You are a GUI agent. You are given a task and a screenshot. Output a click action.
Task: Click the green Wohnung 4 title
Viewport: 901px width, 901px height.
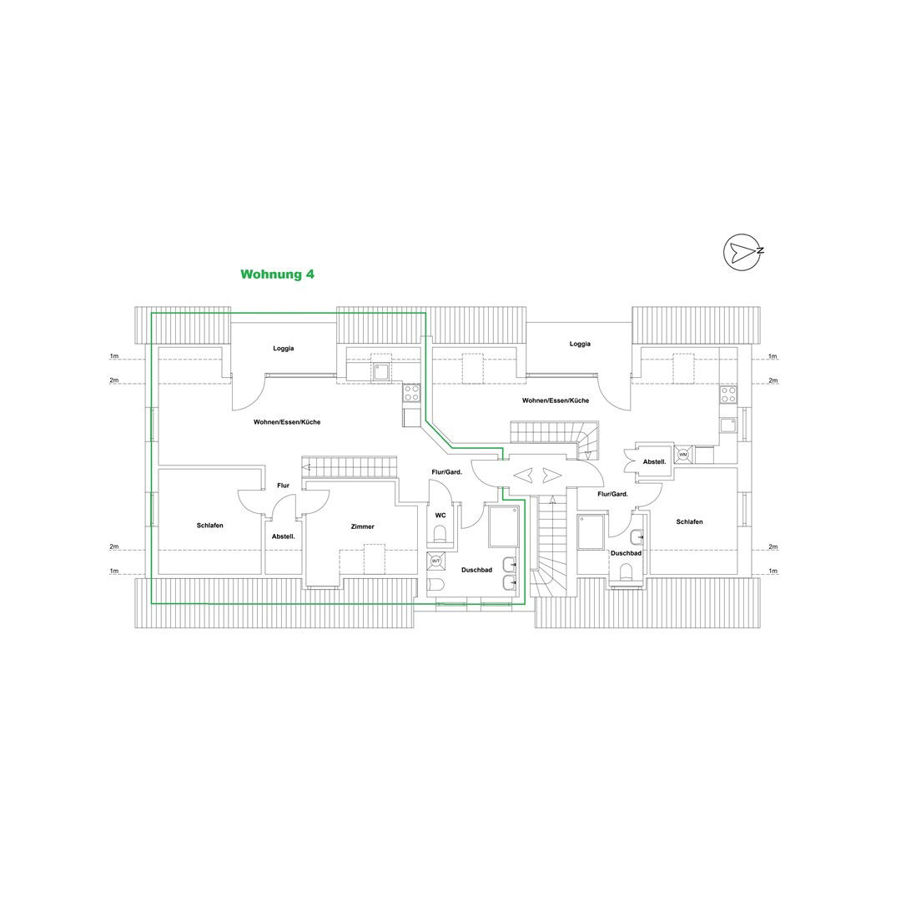(277, 274)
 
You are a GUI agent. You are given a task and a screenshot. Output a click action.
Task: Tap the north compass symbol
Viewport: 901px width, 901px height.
(743, 252)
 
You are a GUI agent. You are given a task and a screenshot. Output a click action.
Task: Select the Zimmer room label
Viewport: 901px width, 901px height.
(363, 526)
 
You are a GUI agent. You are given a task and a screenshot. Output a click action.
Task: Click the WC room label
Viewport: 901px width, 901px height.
(440, 516)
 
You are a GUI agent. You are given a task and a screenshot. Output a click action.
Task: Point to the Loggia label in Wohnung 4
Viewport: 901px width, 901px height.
(284, 348)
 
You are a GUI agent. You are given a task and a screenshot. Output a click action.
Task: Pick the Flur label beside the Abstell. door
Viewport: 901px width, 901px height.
(284, 486)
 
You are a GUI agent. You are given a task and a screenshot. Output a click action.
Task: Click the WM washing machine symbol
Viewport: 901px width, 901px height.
(683, 455)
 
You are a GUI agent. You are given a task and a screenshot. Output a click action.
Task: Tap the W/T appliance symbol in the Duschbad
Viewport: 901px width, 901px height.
(435, 561)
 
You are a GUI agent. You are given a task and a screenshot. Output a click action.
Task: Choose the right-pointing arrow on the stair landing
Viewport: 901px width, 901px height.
(551, 476)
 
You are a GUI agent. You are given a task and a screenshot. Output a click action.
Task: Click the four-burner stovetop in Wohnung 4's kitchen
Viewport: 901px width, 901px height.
(411, 393)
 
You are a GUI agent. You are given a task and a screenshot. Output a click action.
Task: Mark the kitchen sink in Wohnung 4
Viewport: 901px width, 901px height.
(381, 372)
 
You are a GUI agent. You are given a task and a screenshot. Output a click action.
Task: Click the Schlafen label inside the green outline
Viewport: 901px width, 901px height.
(209, 526)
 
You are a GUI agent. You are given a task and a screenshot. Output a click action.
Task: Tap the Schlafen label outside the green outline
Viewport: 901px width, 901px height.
(690, 521)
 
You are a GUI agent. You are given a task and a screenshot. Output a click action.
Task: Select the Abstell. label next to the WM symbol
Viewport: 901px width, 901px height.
(655, 461)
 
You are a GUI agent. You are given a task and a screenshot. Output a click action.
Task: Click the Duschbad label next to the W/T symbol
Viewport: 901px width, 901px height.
(477, 570)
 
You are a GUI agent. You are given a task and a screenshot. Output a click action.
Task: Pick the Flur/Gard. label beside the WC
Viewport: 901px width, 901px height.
(447, 472)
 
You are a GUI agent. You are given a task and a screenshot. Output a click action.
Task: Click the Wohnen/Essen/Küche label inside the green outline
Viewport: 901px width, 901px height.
(287, 422)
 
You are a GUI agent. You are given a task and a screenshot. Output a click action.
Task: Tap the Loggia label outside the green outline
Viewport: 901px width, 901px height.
(580, 344)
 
